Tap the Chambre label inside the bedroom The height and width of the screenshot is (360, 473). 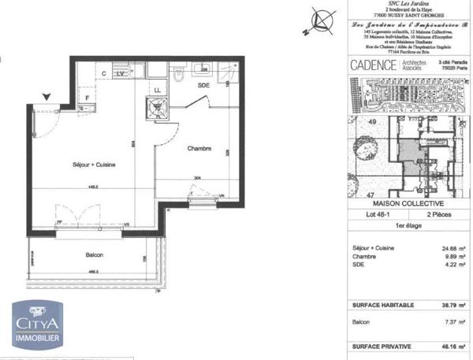coord(198,148)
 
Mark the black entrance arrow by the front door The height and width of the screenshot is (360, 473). coord(47,98)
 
